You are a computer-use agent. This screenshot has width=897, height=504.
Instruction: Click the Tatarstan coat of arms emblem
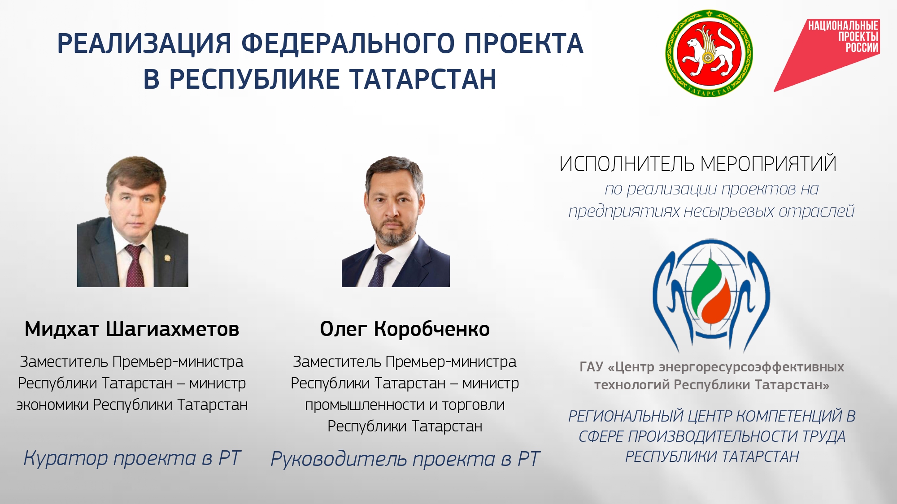(x=709, y=53)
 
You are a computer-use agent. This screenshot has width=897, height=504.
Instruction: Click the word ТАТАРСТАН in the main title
(x=423, y=79)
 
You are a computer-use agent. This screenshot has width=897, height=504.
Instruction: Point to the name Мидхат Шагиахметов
(x=132, y=329)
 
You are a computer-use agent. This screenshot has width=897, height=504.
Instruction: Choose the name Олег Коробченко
(x=405, y=329)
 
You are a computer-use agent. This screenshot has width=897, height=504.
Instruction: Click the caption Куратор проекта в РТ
(x=132, y=458)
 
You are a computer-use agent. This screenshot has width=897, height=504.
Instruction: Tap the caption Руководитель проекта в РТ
(x=405, y=459)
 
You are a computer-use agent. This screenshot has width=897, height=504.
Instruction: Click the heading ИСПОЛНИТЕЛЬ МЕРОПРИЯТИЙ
(x=698, y=164)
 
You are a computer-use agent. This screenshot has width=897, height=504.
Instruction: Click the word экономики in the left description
(x=52, y=405)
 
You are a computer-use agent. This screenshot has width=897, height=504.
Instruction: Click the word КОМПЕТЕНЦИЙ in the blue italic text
(x=789, y=416)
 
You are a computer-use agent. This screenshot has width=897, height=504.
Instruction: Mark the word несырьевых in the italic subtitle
(x=729, y=211)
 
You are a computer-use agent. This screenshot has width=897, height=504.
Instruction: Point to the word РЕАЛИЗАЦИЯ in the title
(x=144, y=44)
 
